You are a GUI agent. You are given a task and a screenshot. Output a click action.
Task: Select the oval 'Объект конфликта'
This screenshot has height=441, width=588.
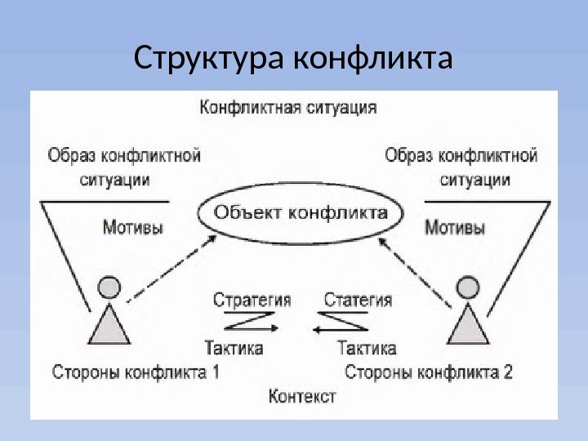point(301,214)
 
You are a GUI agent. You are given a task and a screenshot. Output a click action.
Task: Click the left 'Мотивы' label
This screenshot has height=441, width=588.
point(132,226)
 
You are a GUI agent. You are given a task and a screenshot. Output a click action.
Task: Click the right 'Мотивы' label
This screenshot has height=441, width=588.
point(455,226)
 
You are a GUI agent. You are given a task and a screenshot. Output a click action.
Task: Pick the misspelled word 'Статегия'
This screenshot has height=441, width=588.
point(358,299)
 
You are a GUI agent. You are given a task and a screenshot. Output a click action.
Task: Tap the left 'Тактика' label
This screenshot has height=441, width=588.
point(234,348)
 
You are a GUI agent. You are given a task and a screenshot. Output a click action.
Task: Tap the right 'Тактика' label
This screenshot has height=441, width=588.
point(367,348)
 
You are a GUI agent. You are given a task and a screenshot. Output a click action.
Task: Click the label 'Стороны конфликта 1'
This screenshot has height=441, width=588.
point(136,373)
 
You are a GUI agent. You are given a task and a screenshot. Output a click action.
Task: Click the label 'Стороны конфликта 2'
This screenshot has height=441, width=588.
point(429,373)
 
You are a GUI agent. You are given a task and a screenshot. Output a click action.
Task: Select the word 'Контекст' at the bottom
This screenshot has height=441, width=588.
point(301,397)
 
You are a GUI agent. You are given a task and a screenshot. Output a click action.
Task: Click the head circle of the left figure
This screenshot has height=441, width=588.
point(109,287)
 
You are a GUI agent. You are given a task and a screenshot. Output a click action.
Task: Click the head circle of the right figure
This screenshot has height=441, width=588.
point(467,287)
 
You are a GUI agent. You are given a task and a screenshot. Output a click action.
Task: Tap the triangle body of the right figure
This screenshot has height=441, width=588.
point(467,325)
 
